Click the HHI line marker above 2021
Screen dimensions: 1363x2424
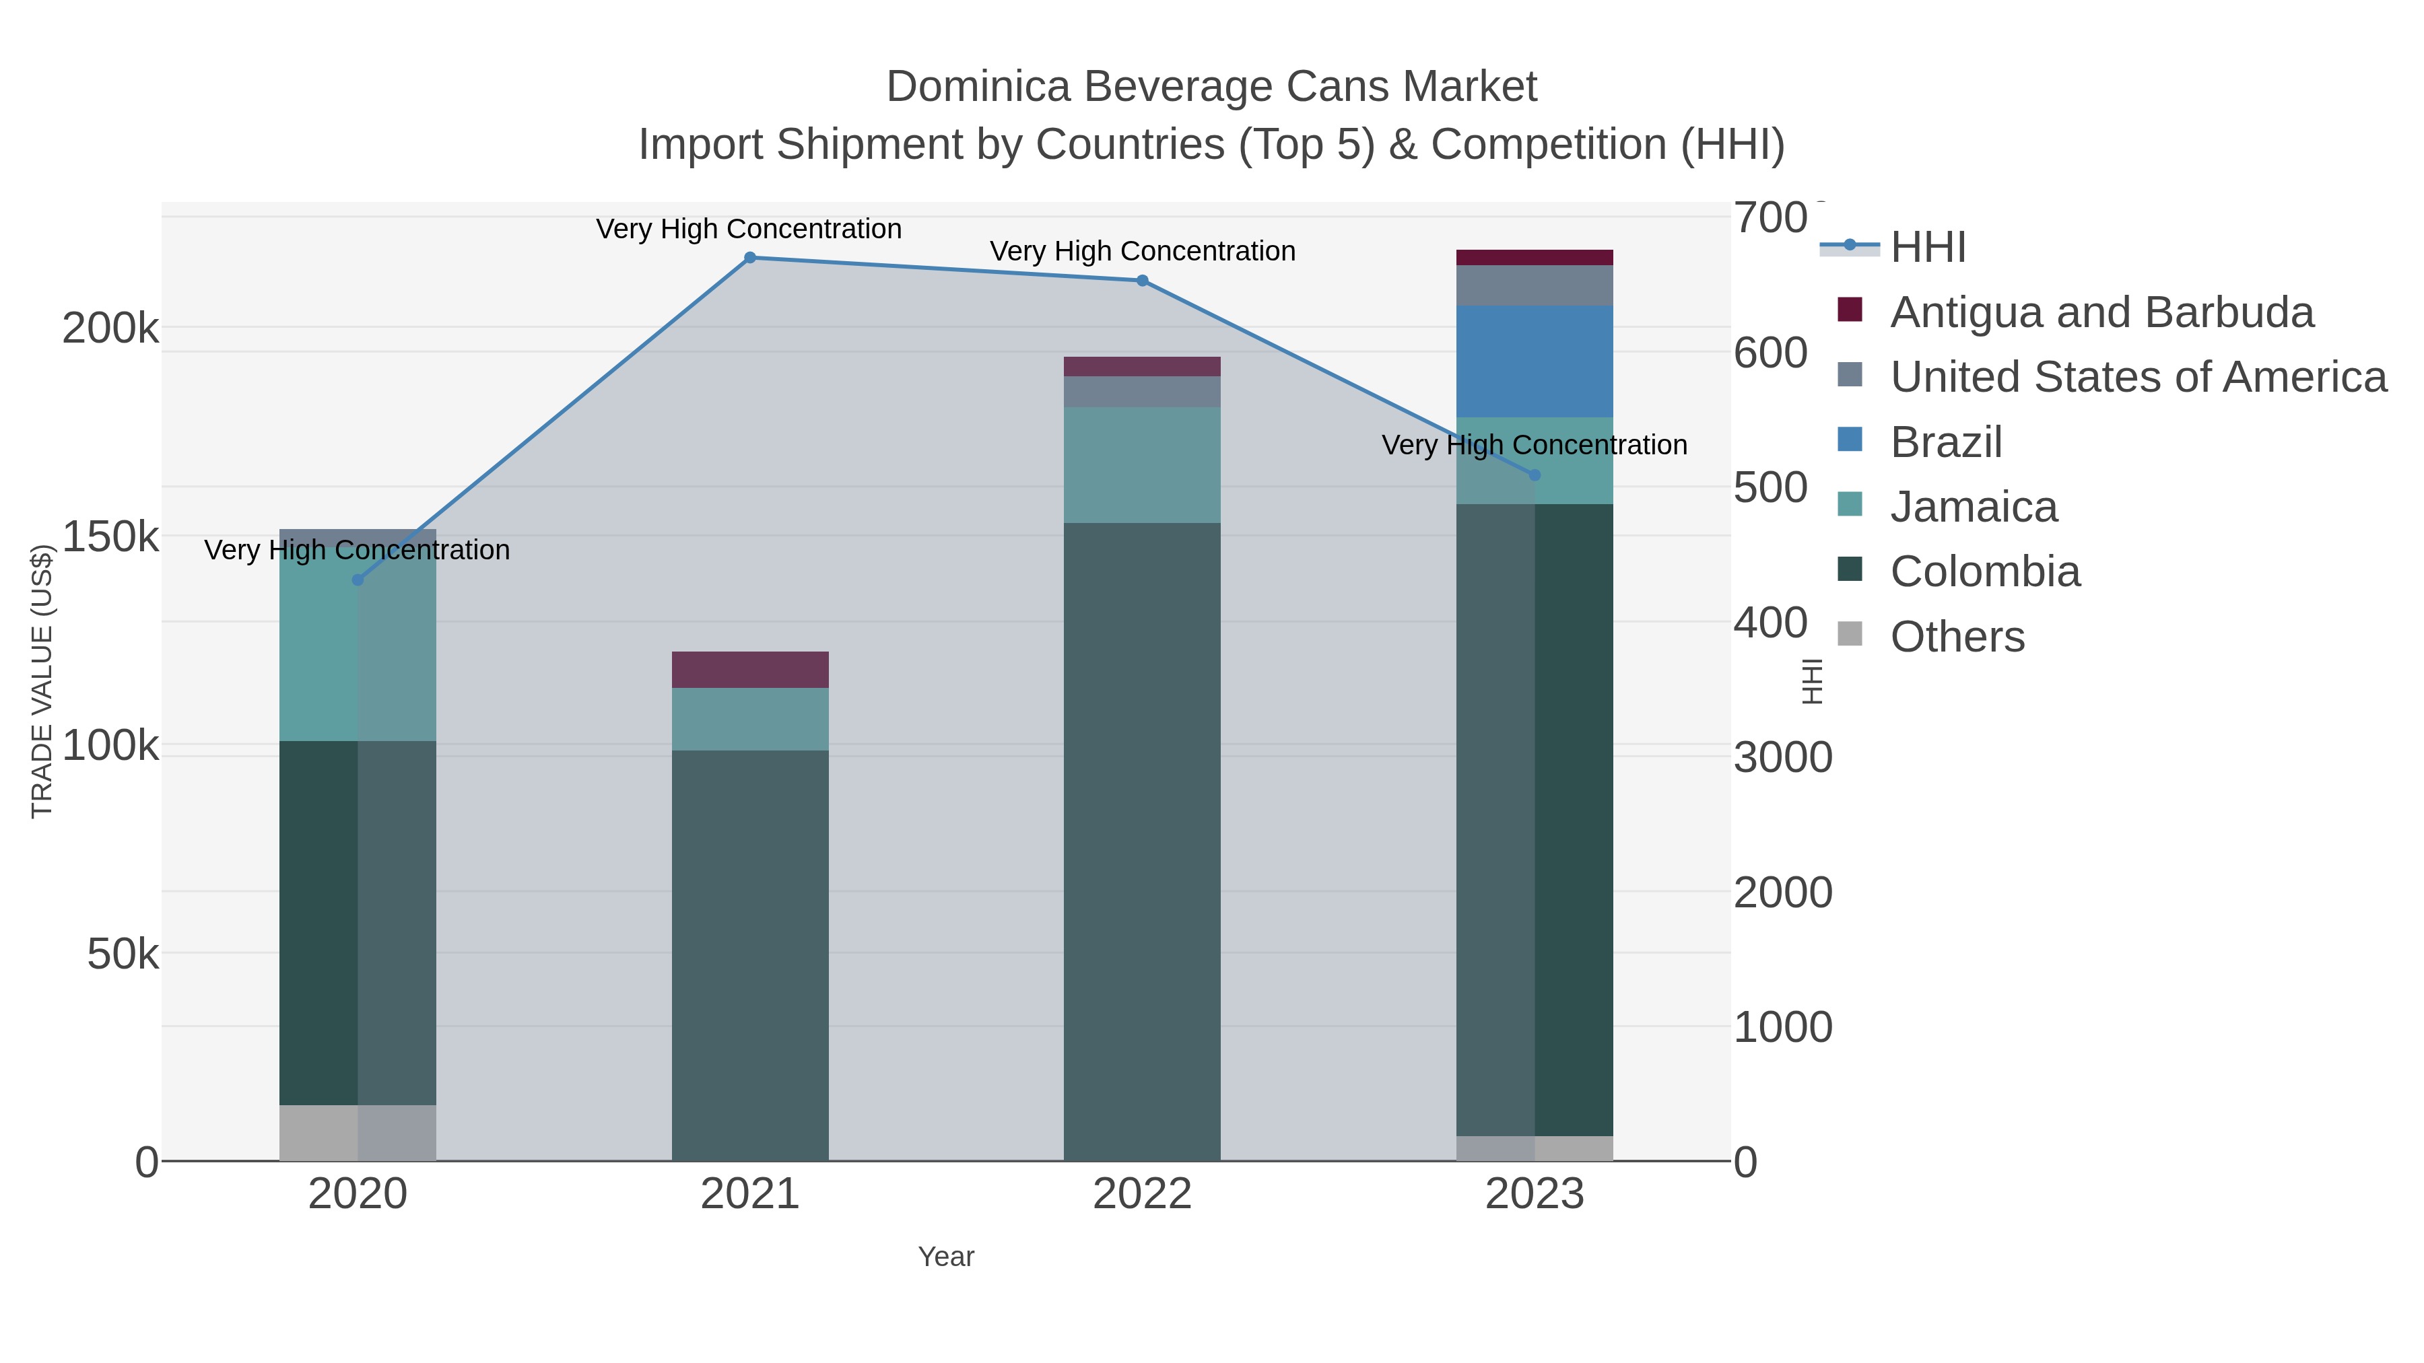click(x=750, y=258)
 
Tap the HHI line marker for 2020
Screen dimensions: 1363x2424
click(x=358, y=580)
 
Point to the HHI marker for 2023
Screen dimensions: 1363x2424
click(x=1535, y=475)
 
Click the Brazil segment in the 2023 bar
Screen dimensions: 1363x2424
click(x=1535, y=361)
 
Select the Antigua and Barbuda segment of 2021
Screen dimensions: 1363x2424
click(x=750, y=670)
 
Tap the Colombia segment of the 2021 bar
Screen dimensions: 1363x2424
click(x=750, y=954)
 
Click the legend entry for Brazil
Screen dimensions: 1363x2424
click(x=1945, y=442)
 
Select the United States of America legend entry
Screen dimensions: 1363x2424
click(x=2137, y=377)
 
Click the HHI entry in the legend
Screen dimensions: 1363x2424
click(x=1927, y=248)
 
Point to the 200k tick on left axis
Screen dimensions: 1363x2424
click(x=110, y=329)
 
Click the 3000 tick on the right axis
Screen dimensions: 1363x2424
click(x=1782, y=758)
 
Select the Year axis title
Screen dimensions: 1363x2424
click(x=946, y=1257)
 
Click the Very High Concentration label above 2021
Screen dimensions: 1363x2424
click(x=749, y=230)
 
